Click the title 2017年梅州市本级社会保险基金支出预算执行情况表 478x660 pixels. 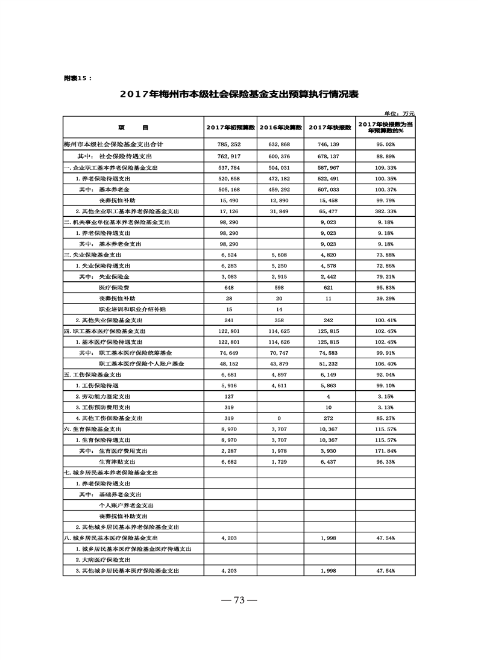click(x=239, y=95)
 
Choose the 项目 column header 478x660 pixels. click(x=133, y=128)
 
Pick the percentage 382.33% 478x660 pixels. click(x=385, y=211)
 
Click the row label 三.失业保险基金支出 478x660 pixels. click(x=97, y=255)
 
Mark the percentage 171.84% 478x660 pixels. click(x=385, y=450)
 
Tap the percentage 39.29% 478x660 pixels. click(x=385, y=298)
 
